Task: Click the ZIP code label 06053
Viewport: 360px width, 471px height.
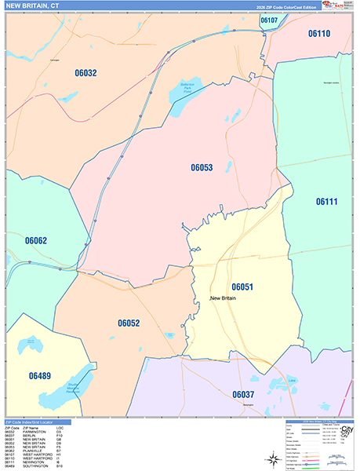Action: point(202,167)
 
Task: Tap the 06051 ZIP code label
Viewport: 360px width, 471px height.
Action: point(242,287)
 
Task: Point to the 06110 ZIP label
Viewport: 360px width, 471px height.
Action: point(318,34)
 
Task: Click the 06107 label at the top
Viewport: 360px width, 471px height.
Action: point(268,20)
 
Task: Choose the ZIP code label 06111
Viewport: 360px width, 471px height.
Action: point(327,202)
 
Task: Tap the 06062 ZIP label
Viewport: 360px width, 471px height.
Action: point(36,240)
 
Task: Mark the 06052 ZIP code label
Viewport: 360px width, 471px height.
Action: point(129,323)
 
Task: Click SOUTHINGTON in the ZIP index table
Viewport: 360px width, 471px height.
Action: point(35,466)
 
